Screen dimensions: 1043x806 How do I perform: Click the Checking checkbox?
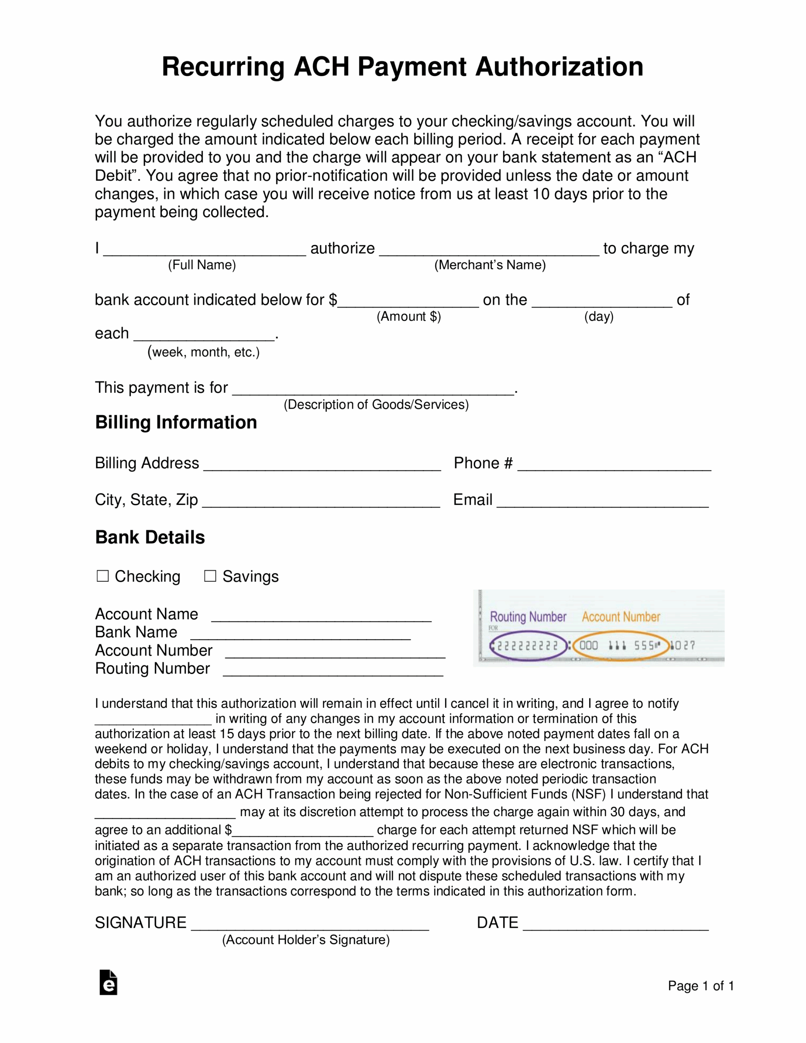click(x=102, y=576)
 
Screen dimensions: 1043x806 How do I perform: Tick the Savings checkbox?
click(x=210, y=576)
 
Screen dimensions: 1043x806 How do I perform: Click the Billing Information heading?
click(x=176, y=422)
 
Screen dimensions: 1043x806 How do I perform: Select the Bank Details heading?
click(x=150, y=537)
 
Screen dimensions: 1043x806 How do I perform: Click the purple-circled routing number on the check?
click(x=528, y=646)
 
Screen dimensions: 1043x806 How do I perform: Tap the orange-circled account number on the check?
click(x=620, y=646)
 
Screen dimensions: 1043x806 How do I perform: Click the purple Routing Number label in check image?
click(x=528, y=616)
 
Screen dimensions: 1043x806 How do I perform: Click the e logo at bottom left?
click(x=108, y=982)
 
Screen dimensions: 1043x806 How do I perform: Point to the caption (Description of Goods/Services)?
click(x=376, y=405)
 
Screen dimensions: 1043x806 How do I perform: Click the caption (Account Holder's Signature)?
click(x=306, y=940)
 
